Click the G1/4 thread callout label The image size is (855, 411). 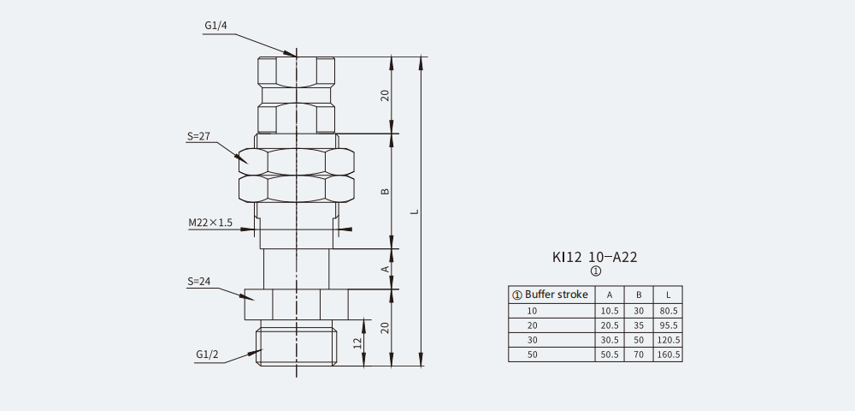click(215, 26)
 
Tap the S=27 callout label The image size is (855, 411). click(198, 136)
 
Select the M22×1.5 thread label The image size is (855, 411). click(210, 223)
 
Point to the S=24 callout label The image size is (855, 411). click(198, 282)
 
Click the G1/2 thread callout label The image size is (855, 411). click(207, 354)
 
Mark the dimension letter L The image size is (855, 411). click(415, 211)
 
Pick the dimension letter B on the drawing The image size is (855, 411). click(385, 192)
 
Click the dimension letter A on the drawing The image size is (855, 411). click(385, 269)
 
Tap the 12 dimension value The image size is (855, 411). click(357, 342)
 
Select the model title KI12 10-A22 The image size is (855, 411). click(595, 257)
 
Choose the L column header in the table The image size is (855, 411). click(668, 295)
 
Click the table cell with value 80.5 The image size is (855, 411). click(668, 311)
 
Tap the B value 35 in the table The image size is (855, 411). click(639, 326)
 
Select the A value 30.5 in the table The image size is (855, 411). click(610, 340)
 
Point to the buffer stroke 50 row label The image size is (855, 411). click(532, 354)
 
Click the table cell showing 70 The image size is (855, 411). click(639, 354)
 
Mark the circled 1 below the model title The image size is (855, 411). click(596, 271)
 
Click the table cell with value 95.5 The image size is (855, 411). click(668, 326)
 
